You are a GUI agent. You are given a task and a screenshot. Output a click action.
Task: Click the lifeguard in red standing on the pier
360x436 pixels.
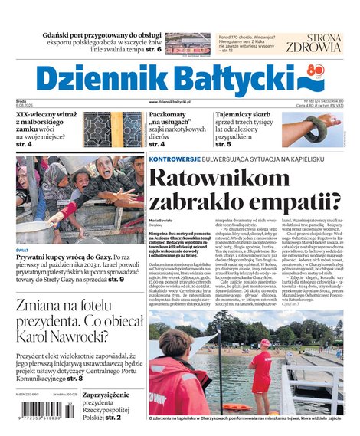click(x=263, y=372)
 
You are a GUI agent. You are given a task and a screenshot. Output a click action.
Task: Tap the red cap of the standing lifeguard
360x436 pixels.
click(x=265, y=343)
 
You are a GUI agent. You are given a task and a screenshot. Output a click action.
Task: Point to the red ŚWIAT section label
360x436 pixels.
click(x=24, y=249)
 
